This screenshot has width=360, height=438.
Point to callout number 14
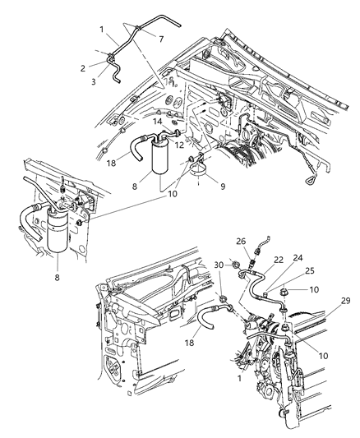(x=157, y=122)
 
